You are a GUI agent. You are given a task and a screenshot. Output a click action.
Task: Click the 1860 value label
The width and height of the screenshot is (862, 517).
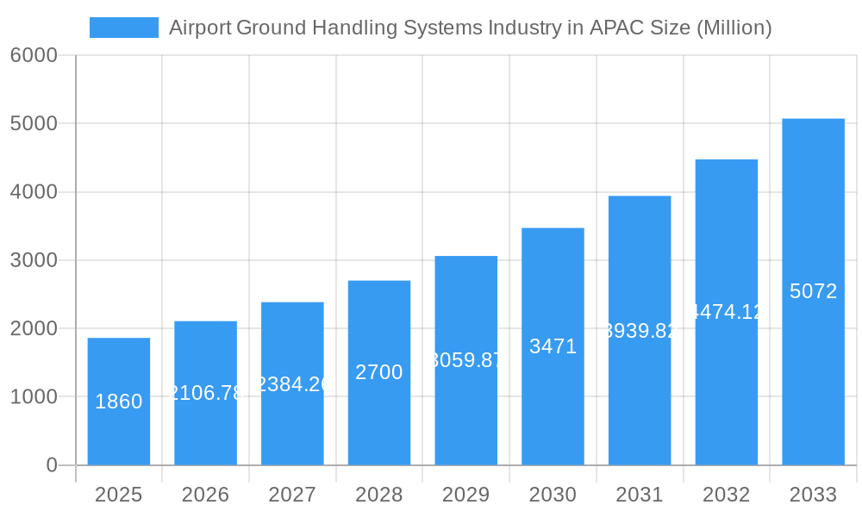point(119,402)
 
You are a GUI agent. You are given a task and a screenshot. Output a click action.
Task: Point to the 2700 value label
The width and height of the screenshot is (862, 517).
point(379,372)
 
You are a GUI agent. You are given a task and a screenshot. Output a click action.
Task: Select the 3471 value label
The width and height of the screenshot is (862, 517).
point(553,346)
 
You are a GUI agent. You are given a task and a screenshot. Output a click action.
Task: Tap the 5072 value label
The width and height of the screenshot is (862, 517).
point(813,291)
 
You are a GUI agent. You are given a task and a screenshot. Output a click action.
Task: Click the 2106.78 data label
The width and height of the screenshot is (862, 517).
point(206,393)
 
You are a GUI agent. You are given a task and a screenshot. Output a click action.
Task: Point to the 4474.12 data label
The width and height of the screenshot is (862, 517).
point(727,312)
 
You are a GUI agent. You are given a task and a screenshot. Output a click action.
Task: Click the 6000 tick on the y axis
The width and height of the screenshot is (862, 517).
point(34,55)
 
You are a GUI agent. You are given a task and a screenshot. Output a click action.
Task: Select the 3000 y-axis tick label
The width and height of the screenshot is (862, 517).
point(34,260)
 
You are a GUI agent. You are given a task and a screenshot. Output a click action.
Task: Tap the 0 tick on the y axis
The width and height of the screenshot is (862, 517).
point(51,465)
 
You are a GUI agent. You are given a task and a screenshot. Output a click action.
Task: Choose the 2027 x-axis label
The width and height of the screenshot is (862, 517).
point(292,495)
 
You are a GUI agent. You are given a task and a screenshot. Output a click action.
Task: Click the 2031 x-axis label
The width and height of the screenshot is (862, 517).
point(640,495)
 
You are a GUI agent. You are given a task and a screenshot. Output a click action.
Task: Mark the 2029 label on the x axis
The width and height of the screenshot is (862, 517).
point(465,495)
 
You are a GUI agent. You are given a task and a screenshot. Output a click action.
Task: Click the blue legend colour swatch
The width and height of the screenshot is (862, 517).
point(124,28)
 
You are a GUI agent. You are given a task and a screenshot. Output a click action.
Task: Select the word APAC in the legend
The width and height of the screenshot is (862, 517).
point(614,28)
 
